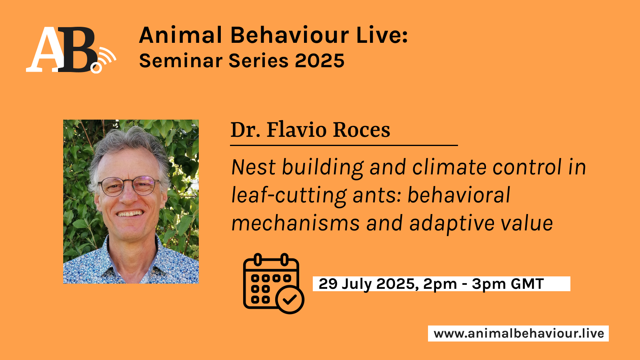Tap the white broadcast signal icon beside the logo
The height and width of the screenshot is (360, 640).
click(103, 60)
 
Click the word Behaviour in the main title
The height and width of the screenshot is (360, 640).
click(290, 35)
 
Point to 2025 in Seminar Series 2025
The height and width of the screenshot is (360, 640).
click(320, 61)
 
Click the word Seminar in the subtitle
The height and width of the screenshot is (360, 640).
click(180, 61)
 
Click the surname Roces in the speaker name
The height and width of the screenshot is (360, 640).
click(362, 130)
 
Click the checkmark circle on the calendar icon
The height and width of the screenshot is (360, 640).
click(290, 300)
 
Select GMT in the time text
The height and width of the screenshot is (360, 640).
click(527, 284)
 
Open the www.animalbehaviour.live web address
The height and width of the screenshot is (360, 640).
click(519, 334)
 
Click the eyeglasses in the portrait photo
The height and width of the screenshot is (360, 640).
click(129, 186)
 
